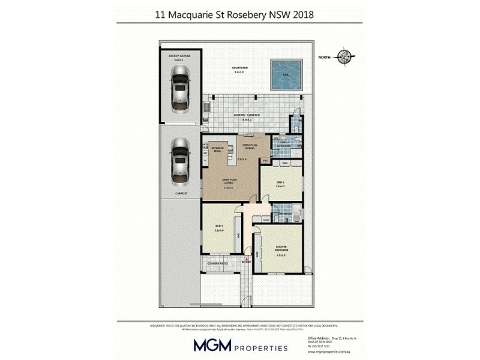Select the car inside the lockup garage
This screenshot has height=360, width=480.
[x=179, y=88]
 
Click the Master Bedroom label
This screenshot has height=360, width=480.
[x=281, y=248]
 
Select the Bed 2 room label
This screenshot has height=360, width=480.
[x=280, y=182]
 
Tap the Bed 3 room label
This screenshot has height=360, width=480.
[x=218, y=227]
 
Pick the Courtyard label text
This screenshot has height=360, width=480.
[x=240, y=68]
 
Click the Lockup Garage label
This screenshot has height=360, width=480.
[x=179, y=55]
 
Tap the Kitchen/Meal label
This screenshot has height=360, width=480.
[x=217, y=149]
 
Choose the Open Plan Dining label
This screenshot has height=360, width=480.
[x=249, y=146]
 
